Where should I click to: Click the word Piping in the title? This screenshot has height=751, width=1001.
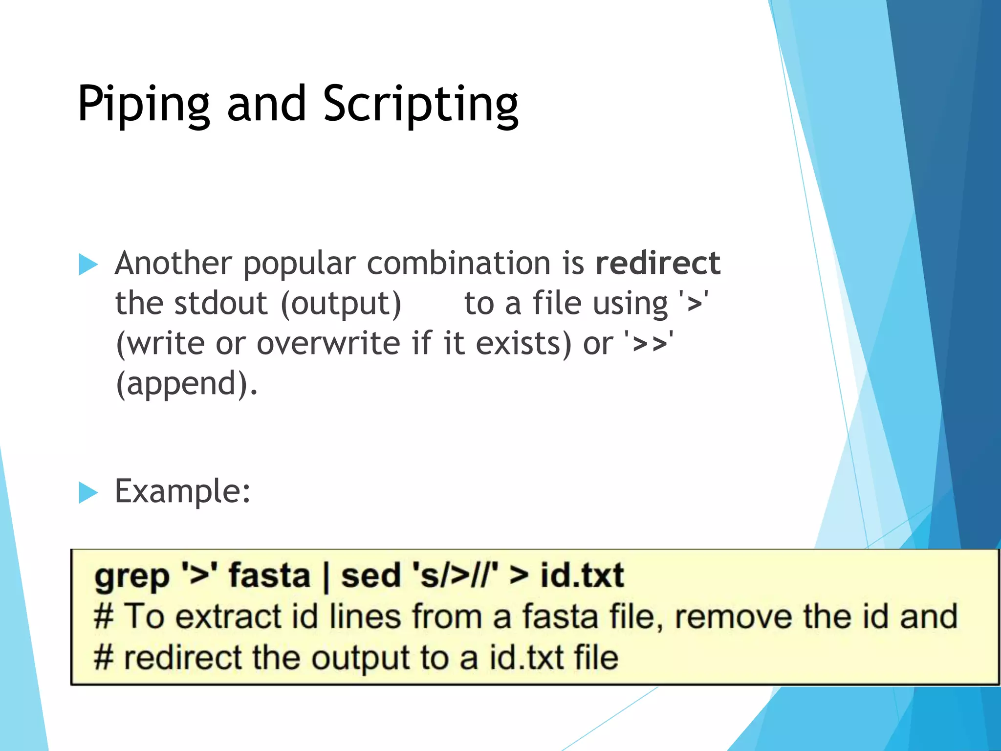144,104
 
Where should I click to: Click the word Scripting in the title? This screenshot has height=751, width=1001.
420,104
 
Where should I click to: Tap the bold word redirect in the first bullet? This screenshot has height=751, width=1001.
658,263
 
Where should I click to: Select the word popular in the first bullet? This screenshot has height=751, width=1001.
299,264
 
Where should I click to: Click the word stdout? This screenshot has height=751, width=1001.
221,303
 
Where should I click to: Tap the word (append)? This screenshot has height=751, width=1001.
186,384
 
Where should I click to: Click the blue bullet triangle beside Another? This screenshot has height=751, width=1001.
88,265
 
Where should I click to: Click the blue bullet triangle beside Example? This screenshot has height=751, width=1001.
88,492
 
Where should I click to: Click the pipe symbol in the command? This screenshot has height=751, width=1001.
326,577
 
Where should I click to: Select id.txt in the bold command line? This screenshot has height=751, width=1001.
582,575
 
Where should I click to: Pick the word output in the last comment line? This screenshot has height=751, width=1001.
361,658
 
